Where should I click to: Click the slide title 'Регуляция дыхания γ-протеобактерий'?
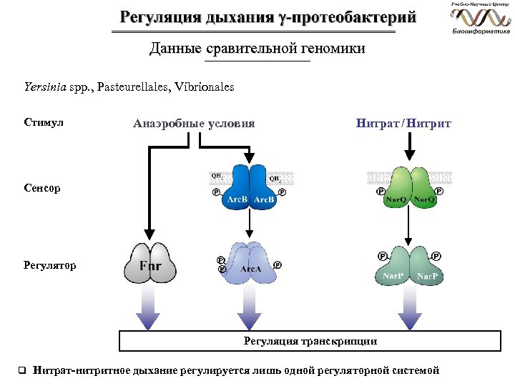[257, 18]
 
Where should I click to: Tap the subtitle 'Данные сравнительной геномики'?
[257, 49]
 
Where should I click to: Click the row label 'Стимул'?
[44, 123]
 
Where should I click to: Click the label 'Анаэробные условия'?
[194, 123]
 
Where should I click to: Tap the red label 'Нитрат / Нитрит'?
[403, 123]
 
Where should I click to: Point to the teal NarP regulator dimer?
[409, 267]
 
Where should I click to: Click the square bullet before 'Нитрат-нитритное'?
[21, 370]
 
